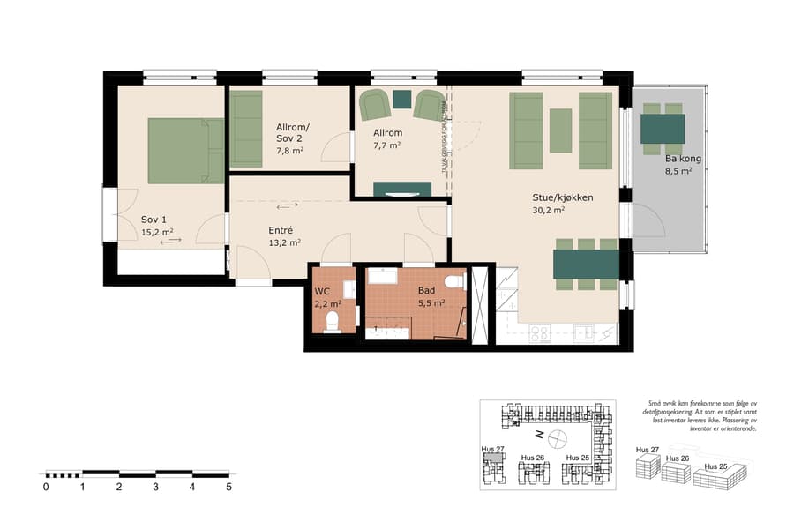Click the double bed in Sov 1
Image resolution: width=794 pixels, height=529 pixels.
coord(185,151)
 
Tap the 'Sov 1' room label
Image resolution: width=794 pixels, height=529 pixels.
coord(154,220)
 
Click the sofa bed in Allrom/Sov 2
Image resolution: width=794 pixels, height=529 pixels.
coord(246,129)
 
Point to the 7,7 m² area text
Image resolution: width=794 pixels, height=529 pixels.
coord(386,145)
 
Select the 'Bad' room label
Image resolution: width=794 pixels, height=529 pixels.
coord(426,289)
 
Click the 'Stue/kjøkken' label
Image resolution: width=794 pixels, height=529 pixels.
coord(562,197)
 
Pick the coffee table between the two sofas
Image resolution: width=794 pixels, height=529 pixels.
coord(561,130)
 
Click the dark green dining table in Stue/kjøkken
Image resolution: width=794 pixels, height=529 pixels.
coord(586,264)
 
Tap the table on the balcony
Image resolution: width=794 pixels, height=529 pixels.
coord(662,129)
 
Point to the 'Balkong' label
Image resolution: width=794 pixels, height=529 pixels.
coord(684,159)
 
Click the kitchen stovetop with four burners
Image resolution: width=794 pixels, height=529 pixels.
coord(539,332)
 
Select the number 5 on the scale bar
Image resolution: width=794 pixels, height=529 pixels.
coord(229,486)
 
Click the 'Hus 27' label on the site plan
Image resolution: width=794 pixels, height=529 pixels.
coord(492,449)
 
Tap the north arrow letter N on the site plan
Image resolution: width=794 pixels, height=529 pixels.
coord(536,436)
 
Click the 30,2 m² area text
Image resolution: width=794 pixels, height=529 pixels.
coord(548,211)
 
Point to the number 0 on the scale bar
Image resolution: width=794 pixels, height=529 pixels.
coord(46,486)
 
